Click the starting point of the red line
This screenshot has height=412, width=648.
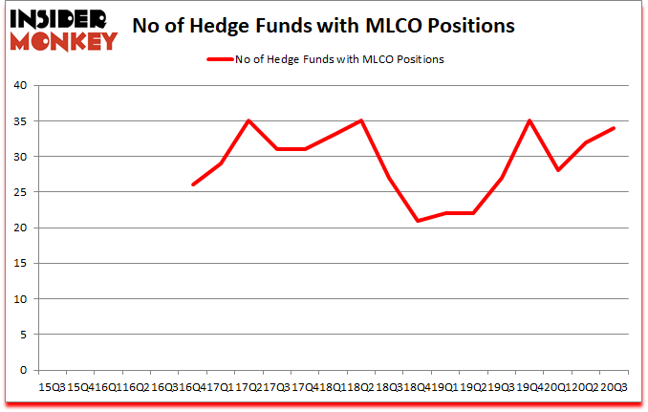click(193, 184)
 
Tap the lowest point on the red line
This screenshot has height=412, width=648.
click(417, 221)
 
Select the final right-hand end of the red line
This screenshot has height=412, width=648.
click(614, 128)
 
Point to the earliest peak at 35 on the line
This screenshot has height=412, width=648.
click(248, 120)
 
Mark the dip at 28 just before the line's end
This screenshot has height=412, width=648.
click(557, 170)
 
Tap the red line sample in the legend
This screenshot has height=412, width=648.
click(220, 59)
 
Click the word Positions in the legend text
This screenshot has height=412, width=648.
click(419, 59)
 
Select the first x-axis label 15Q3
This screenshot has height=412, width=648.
click(49, 387)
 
